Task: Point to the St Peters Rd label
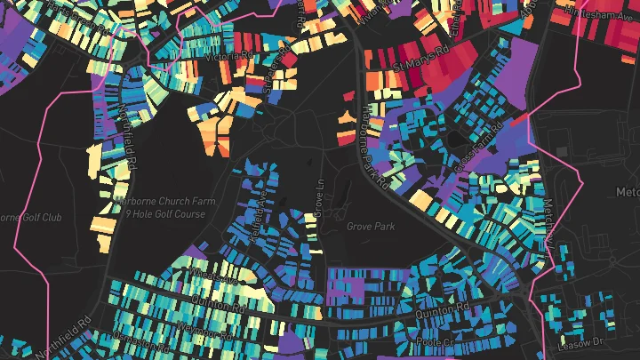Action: (x=273, y=70)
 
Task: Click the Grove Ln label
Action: (x=321, y=198)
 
